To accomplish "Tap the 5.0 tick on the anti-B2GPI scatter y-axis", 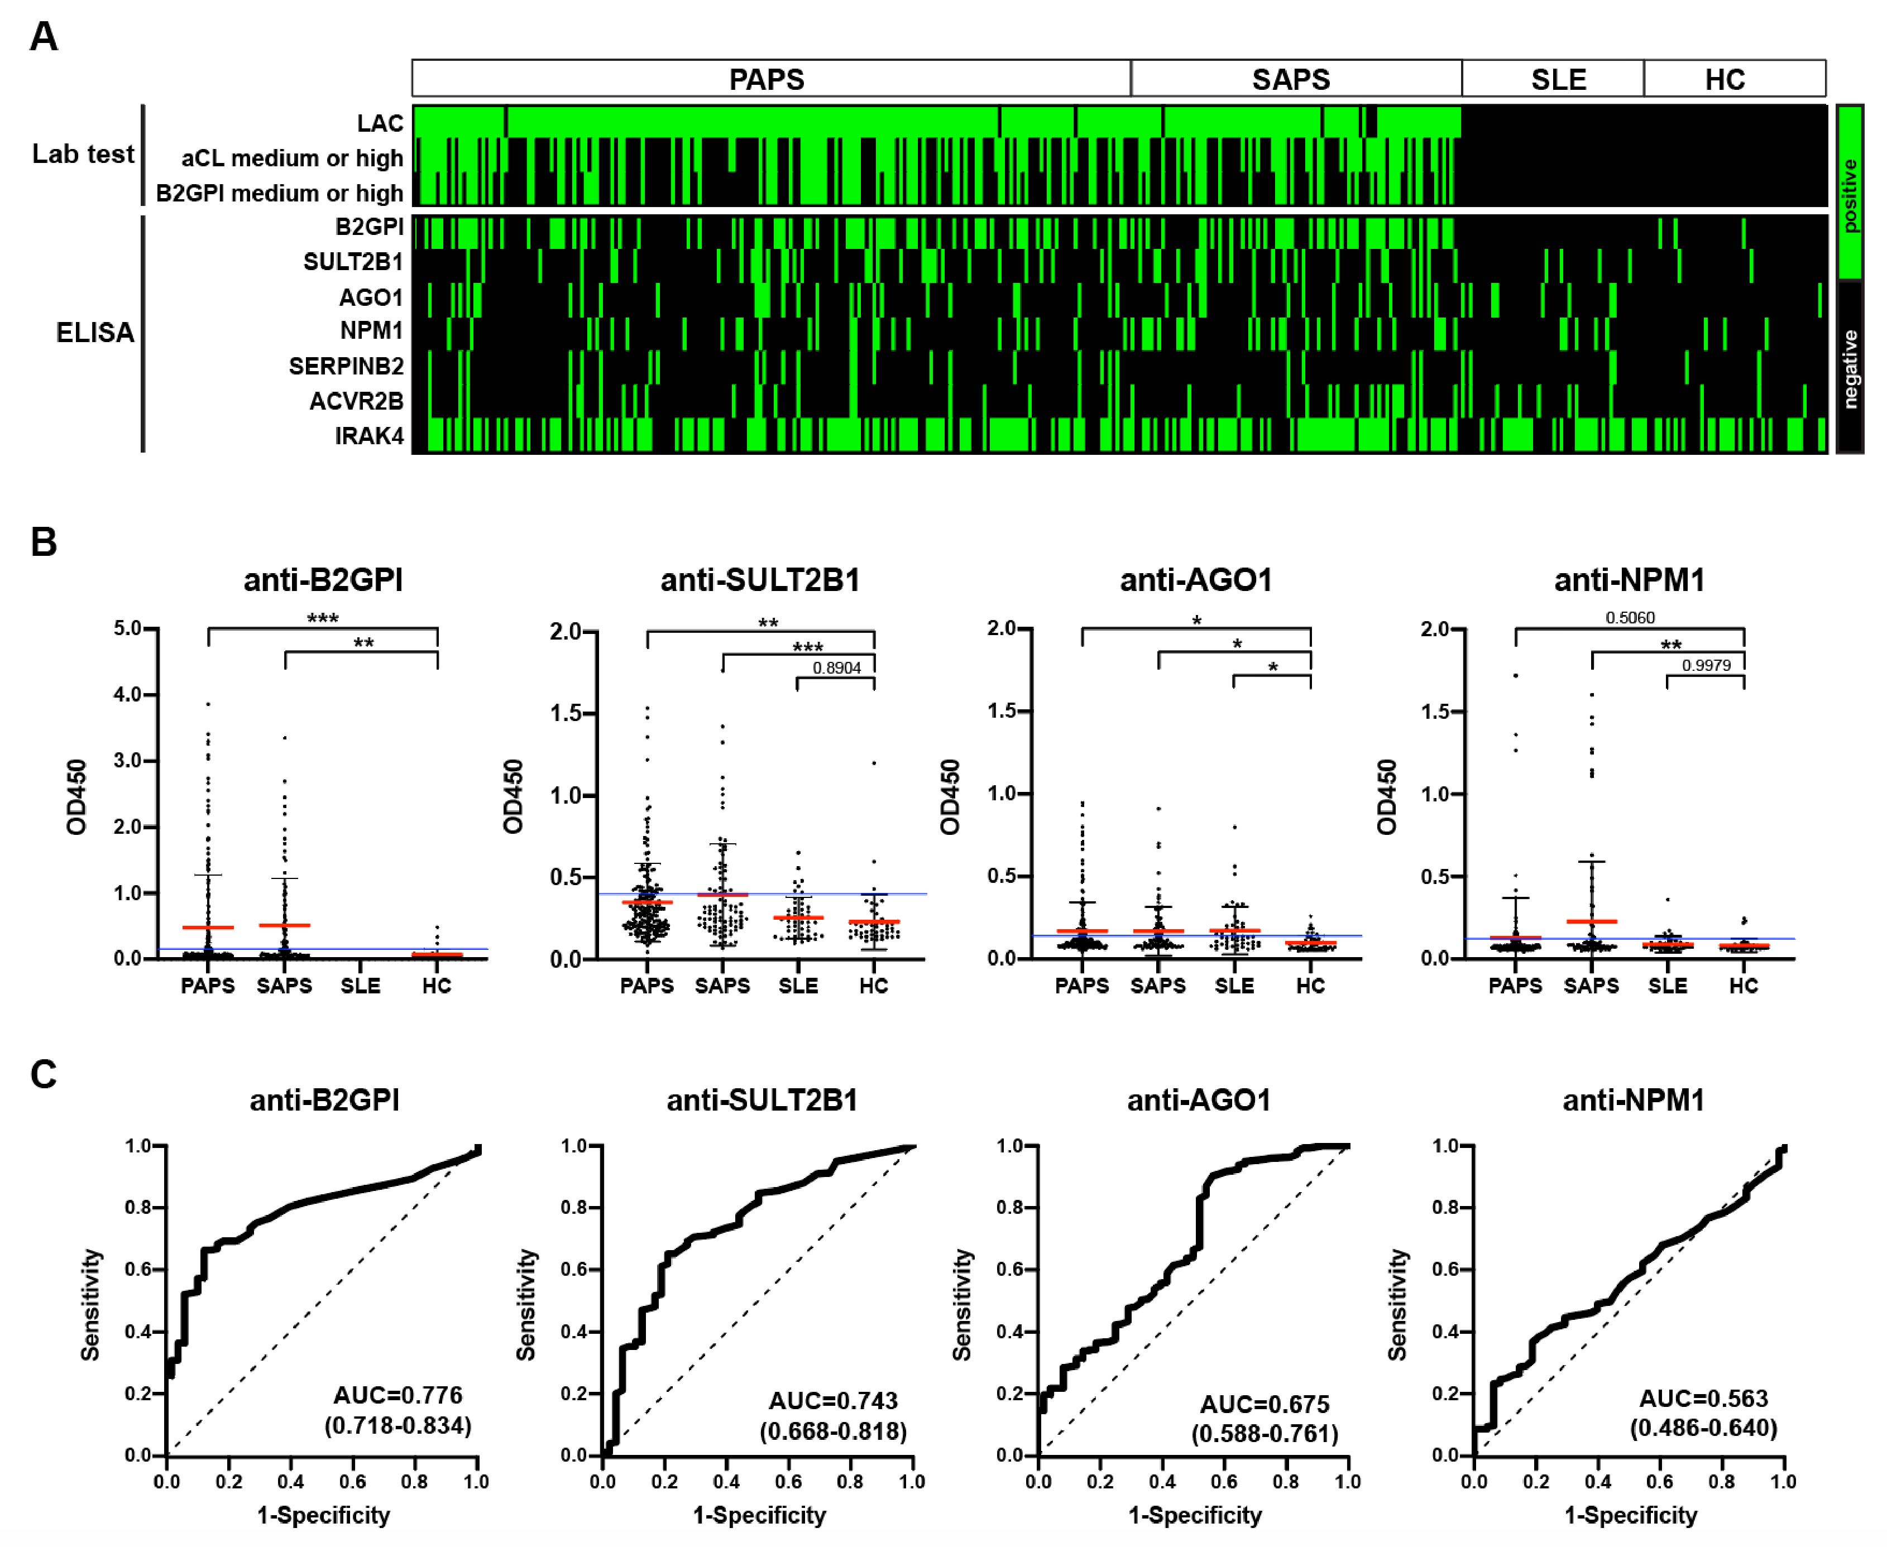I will coord(128,629).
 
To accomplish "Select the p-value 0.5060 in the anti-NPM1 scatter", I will coord(1630,618).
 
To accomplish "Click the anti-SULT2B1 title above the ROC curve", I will coord(762,1101).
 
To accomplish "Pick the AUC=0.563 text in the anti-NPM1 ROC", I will coord(1703,1398).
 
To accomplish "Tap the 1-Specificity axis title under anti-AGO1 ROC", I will coord(1194,1515).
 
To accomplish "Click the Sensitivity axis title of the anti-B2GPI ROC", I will coord(90,1305).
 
